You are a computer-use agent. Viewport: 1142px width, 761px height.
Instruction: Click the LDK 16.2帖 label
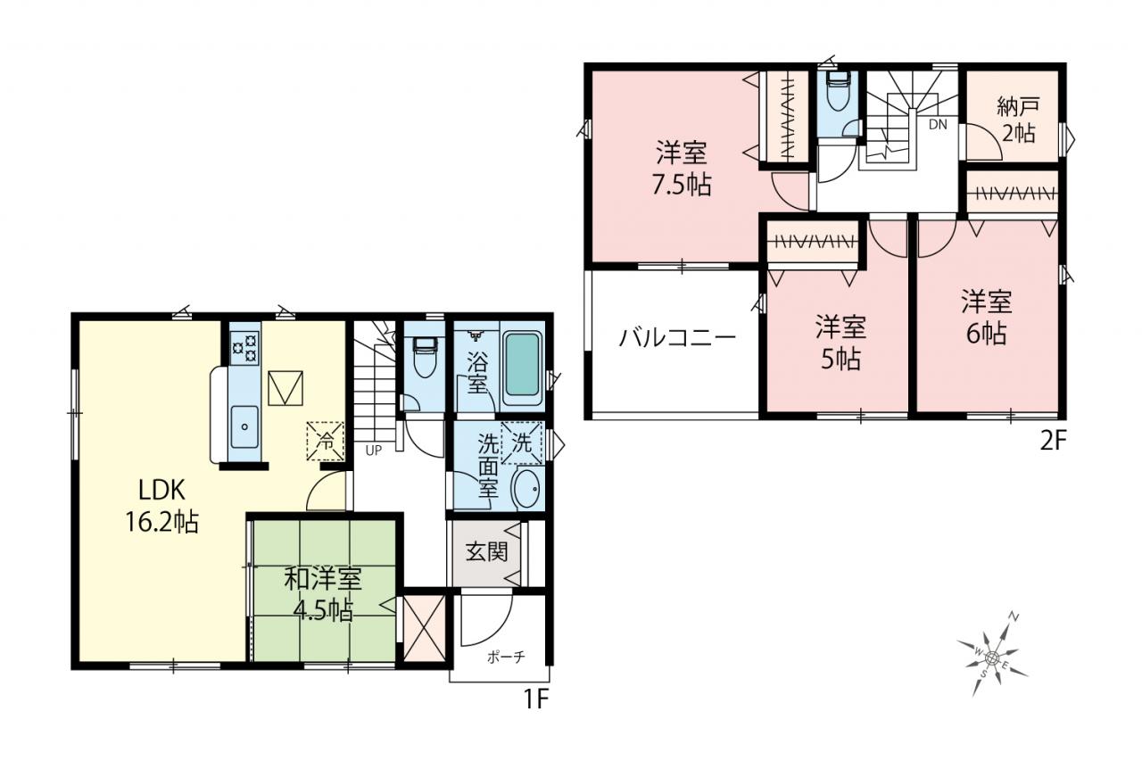click(162, 506)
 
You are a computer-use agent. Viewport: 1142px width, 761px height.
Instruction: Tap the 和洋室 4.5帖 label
click(323, 594)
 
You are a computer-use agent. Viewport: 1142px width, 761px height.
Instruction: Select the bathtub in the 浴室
click(522, 363)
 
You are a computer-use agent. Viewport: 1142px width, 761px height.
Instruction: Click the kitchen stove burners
click(245, 348)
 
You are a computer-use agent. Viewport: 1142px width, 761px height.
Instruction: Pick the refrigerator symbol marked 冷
click(325, 441)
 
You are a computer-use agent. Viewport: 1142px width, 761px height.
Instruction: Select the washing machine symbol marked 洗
click(522, 443)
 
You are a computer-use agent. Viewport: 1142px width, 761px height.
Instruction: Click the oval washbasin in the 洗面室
click(527, 488)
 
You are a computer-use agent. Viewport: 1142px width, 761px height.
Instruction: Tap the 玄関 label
click(486, 551)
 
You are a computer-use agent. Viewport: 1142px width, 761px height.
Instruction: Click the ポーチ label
click(506, 657)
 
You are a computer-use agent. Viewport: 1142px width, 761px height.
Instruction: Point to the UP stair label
click(374, 451)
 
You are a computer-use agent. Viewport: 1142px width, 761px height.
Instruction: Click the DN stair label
click(938, 124)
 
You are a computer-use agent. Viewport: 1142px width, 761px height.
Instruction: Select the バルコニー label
click(677, 338)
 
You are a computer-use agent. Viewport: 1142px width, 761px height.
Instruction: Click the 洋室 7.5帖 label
click(681, 169)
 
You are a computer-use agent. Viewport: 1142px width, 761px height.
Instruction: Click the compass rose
click(991, 657)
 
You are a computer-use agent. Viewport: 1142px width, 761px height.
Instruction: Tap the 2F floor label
click(1053, 442)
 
